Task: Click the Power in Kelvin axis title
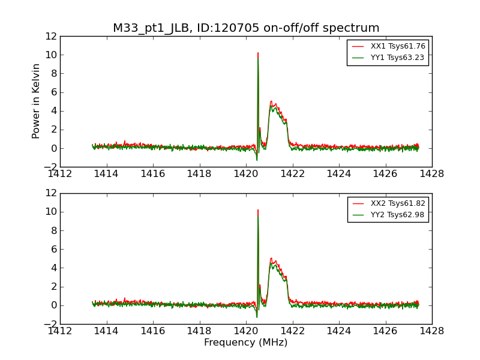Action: (x=37, y=101)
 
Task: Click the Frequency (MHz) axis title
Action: (x=246, y=343)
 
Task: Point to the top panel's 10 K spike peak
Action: (x=258, y=53)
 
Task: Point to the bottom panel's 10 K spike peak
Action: (x=258, y=211)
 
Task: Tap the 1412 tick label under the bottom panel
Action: (x=60, y=330)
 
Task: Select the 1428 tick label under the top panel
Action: (x=431, y=173)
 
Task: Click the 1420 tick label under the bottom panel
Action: (x=246, y=330)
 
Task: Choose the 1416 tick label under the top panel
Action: (x=153, y=173)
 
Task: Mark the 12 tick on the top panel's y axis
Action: (x=52, y=36)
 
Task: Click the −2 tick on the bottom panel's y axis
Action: (x=49, y=324)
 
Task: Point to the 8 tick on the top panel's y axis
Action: (x=54, y=73)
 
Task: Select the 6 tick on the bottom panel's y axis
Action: (x=54, y=249)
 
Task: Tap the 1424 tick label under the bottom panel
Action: (x=339, y=330)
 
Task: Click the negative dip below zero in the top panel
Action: (x=257, y=159)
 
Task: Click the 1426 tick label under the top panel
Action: (x=385, y=173)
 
